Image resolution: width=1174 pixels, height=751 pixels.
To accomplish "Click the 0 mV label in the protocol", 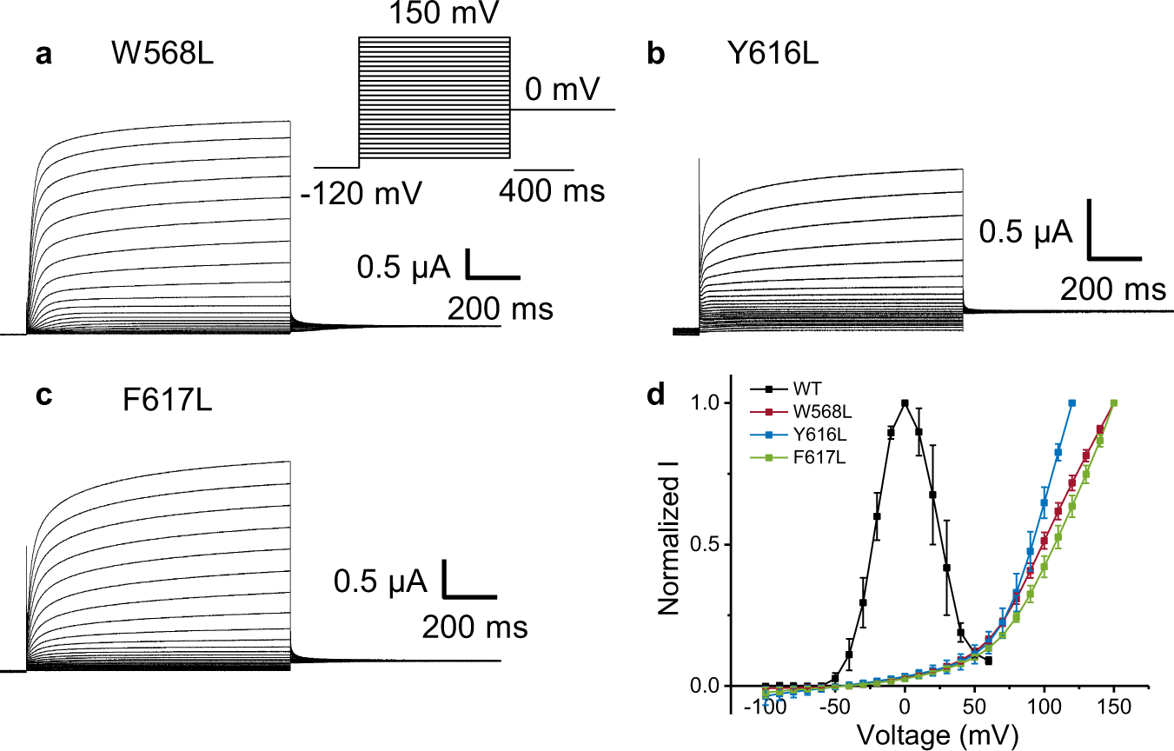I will coord(562,89).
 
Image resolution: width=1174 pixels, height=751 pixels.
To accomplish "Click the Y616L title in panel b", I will coord(769,55).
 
